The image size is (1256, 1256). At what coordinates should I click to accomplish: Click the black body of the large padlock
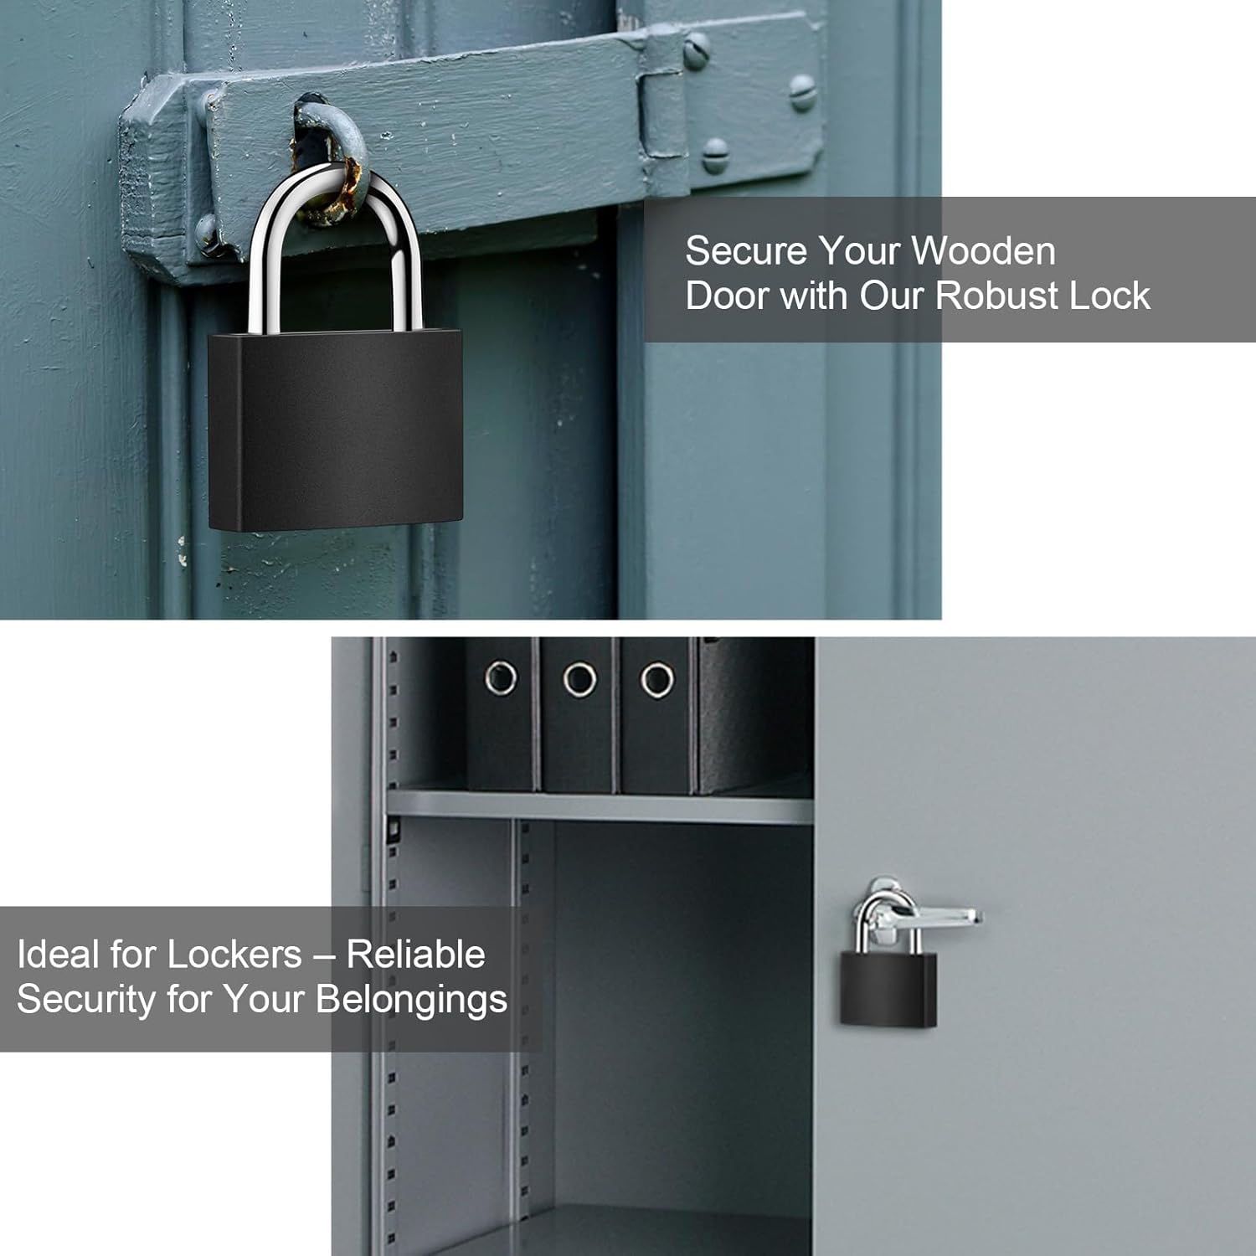click(x=335, y=431)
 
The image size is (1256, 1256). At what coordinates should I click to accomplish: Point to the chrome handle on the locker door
click(x=938, y=916)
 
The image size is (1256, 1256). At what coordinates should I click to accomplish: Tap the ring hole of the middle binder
click(x=579, y=679)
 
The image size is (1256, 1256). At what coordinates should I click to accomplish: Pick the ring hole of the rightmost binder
click(x=657, y=679)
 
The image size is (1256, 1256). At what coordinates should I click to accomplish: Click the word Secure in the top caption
click(x=745, y=251)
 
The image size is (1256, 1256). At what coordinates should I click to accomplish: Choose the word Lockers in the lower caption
click(x=234, y=955)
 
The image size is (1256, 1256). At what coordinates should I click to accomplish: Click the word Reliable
click(x=415, y=955)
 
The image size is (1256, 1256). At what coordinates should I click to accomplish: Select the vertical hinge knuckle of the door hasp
click(x=663, y=109)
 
